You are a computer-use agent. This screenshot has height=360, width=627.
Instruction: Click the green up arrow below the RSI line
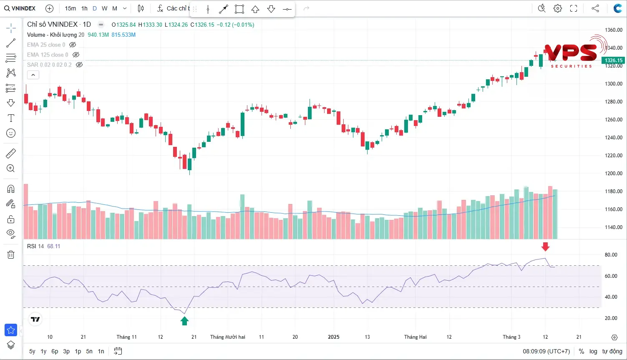click(x=184, y=321)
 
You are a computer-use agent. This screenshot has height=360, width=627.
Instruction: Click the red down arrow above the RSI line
click(x=545, y=247)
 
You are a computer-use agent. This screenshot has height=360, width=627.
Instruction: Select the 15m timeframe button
click(x=71, y=8)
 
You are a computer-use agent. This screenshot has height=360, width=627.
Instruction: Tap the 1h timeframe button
click(x=84, y=8)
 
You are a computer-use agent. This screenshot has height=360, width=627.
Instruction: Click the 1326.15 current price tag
click(x=613, y=60)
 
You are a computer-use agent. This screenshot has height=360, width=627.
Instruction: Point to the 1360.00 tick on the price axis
click(x=614, y=30)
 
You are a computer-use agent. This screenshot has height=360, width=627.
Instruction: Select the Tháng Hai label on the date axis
click(x=415, y=337)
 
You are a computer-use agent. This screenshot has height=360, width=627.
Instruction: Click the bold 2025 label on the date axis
click(x=334, y=337)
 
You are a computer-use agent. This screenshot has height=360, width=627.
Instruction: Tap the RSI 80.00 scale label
click(x=611, y=255)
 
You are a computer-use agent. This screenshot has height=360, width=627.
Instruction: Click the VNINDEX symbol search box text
click(x=23, y=8)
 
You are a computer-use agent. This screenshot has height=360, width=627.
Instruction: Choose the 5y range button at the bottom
click(x=32, y=351)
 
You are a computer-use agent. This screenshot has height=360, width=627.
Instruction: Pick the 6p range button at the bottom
click(x=55, y=351)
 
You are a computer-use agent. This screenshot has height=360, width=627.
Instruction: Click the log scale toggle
click(x=593, y=351)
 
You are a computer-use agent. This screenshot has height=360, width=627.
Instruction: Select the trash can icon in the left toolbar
click(x=11, y=254)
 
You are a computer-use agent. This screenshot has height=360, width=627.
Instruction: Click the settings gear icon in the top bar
click(x=558, y=8)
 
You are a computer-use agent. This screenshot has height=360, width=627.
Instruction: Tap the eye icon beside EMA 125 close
click(x=76, y=55)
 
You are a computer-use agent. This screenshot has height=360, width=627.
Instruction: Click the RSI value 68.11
click(x=53, y=246)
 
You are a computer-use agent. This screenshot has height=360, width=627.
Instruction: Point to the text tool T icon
click(x=11, y=118)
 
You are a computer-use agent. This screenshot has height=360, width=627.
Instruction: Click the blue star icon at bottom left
click(x=11, y=330)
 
